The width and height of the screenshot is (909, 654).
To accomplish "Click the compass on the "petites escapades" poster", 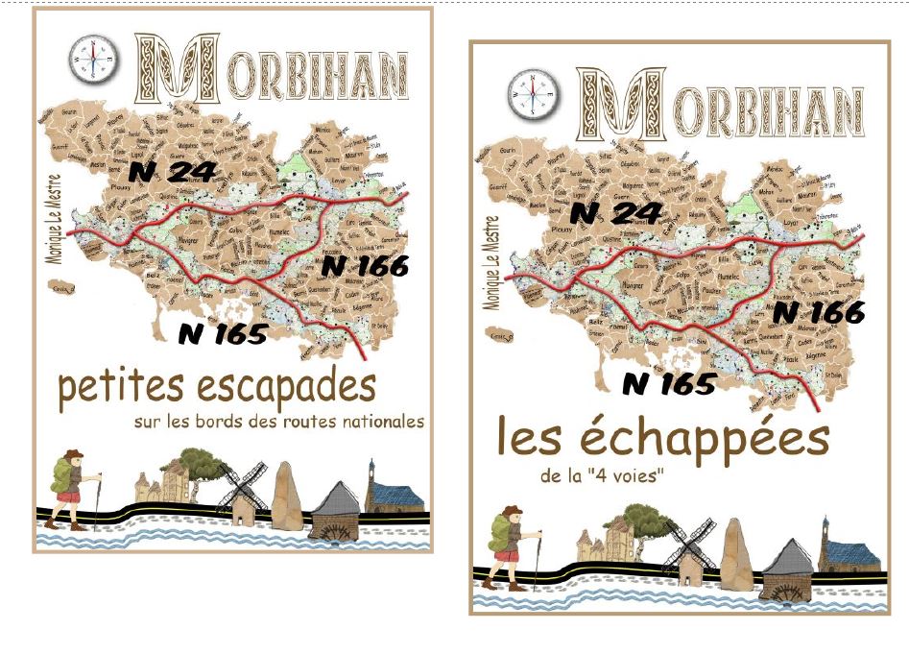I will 93,60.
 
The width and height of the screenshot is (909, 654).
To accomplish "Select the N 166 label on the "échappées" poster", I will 819,311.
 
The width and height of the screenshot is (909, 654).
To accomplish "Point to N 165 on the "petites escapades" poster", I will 222,333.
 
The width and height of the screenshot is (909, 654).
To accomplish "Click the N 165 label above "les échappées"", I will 669,383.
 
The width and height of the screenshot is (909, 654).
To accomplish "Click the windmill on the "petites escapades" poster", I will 240,491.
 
